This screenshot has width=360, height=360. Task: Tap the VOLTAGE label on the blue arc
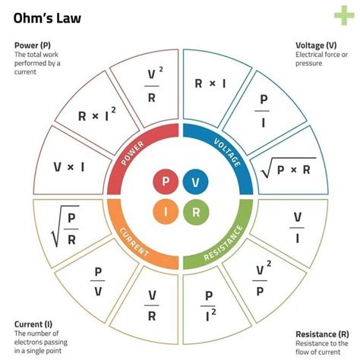(x=227, y=152)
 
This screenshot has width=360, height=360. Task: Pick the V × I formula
(x=68, y=165)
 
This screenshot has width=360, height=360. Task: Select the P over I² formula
(x=210, y=300)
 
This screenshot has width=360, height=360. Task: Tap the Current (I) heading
(x=36, y=325)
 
